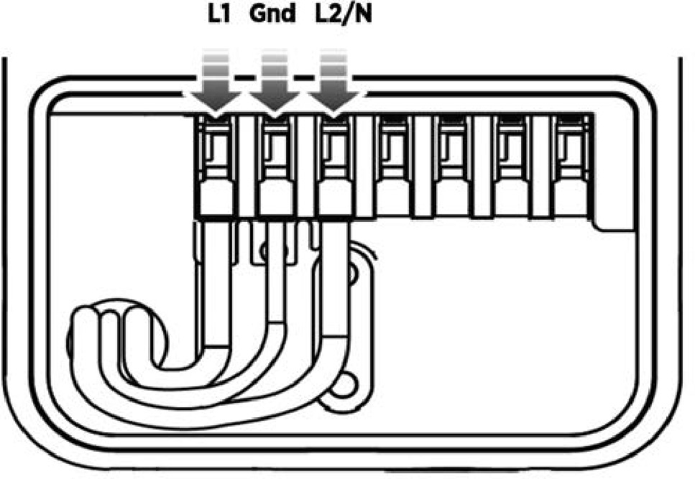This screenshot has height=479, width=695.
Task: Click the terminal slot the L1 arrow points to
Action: tap(216, 151)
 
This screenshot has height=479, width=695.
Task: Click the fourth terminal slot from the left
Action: tap(395, 151)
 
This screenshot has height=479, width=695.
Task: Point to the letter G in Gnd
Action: tap(257, 14)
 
